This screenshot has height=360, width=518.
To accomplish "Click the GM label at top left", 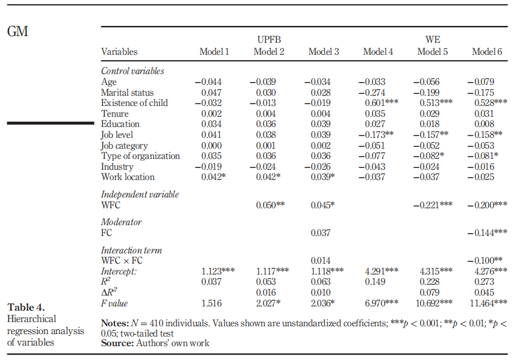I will [x=17, y=31].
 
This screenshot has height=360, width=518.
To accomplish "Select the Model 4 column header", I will [x=378, y=52].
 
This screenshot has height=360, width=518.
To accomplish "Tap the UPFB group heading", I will [x=269, y=40].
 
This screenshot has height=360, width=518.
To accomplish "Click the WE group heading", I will [x=432, y=40].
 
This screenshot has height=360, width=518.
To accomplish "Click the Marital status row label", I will [x=127, y=93].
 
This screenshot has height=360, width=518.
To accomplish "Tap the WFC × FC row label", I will [x=123, y=261].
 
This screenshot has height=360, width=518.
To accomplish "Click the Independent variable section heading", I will [x=140, y=194].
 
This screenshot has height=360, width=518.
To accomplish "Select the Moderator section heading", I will [x=121, y=222].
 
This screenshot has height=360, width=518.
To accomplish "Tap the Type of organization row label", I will [x=140, y=156].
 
